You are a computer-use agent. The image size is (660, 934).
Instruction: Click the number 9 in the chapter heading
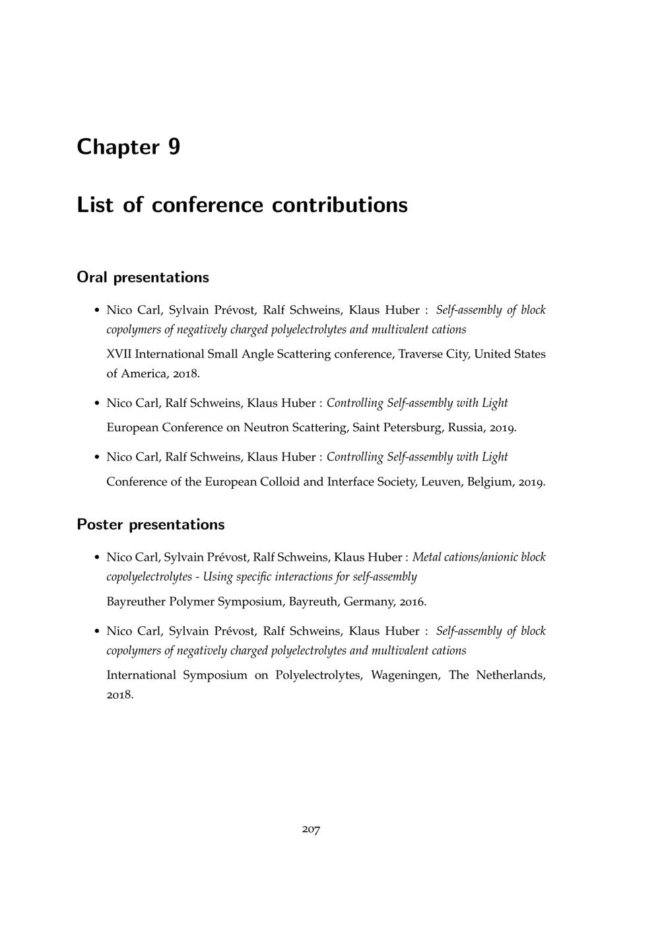(x=174, y=147)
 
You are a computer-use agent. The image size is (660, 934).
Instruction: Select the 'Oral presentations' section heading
(x=143, y=277)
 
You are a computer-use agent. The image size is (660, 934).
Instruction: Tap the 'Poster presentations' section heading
(x=150, y=524)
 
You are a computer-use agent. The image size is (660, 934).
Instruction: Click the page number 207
(x=311, y=829)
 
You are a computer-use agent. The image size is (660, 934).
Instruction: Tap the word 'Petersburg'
(x=411, y=427)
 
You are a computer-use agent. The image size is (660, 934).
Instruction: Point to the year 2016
(x=412, y=602)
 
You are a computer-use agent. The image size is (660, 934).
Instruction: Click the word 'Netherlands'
(x=510, y=675)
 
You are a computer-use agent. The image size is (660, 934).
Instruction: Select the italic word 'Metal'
(x=426, y=557)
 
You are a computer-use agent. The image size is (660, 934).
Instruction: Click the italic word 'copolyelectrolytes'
(x=149, y=577)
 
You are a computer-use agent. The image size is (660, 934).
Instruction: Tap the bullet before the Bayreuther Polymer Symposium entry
(x=97, y=558)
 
